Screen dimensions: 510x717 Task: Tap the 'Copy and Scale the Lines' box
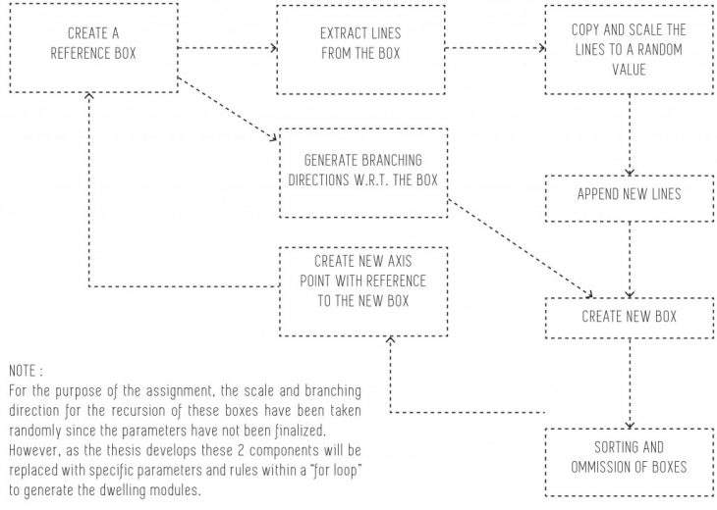628,48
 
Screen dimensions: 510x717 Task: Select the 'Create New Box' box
629,317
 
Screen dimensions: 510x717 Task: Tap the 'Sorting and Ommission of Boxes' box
629,457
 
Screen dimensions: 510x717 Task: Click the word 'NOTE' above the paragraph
23,374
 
